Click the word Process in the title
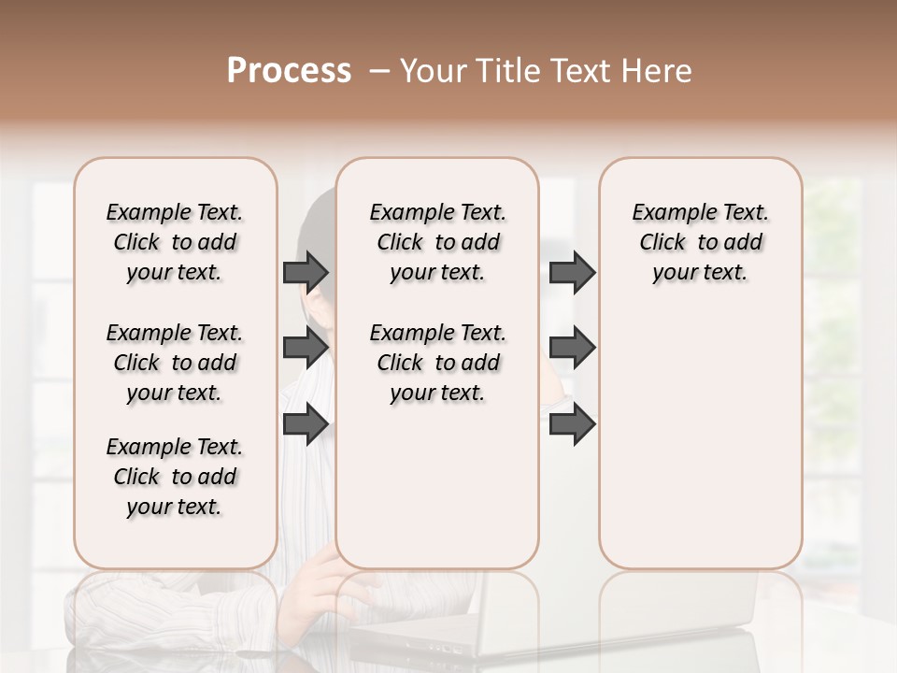(x=289, y=71)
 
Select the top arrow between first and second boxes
(x=306, y=272)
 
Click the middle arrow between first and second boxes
(x=306, y=348)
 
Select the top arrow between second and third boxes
(x=572, y=272)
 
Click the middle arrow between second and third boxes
(x=572, y=348)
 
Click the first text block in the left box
(x=175, y=242)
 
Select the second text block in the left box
(x=175, y=363)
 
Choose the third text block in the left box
(x=175, y=477)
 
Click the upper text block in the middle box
(x=437, y=242)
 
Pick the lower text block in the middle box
(x=437, y=363)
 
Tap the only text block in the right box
(x=700, y=242)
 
